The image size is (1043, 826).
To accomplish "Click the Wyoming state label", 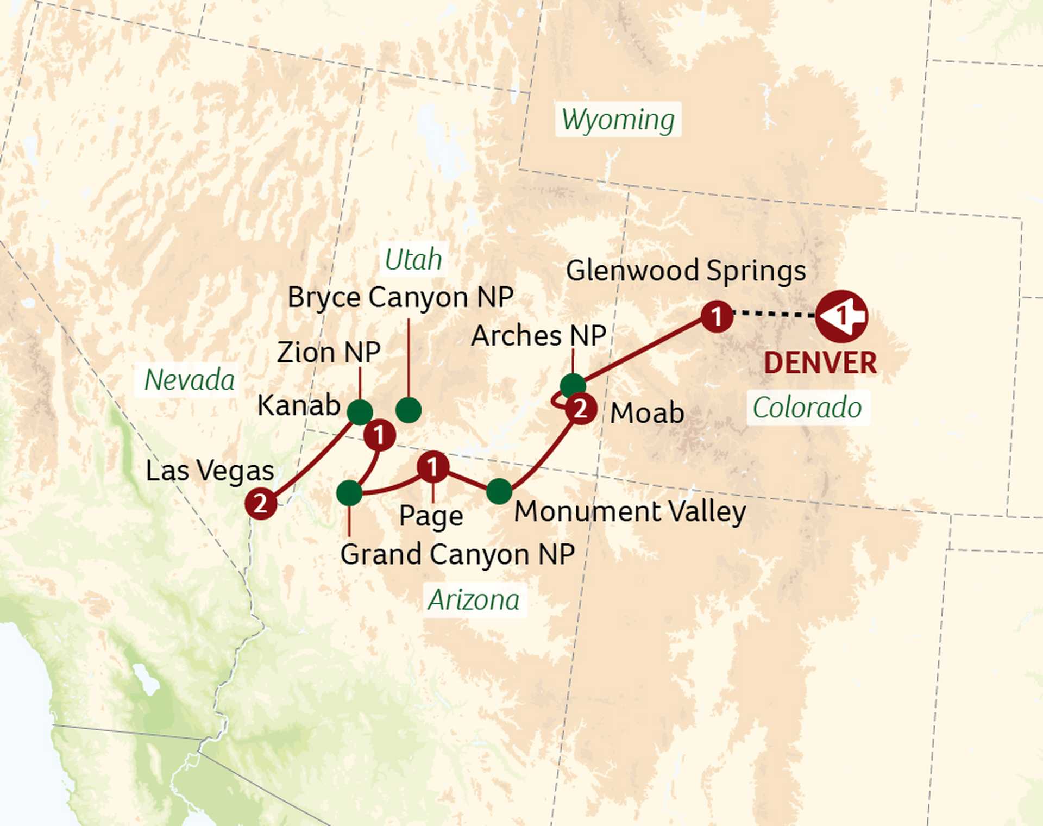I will pos(618,120).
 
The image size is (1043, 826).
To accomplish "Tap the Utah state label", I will pos(413,259).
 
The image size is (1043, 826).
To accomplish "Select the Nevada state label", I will pos(189,379).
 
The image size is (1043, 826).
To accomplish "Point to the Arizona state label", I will pos(474,600).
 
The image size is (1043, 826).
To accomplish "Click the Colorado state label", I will pos(807,408).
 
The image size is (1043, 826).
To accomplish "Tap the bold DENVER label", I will pos(820,363).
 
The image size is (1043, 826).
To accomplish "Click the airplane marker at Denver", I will pos(841,316).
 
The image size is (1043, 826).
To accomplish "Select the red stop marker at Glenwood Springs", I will pos(717,316).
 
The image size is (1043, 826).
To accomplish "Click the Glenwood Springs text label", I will pos(686,271).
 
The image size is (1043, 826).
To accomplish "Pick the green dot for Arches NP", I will pos(573,385).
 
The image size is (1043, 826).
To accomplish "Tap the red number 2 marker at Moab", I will pos(581,409).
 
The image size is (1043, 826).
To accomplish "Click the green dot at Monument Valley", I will pos(499,491).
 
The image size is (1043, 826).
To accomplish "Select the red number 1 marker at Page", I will pos(432,467).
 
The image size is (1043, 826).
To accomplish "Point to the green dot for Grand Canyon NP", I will pos(349,493).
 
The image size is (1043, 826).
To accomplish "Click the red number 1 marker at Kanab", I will pos(379,435).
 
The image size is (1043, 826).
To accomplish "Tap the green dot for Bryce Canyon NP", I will pos(409,410).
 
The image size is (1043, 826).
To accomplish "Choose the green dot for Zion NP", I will pos(360,412).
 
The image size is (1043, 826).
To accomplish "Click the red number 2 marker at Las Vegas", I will pos(261,504).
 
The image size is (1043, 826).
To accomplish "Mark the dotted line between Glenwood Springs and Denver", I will pos(774,314).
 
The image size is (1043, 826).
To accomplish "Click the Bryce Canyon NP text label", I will pos(400,297).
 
